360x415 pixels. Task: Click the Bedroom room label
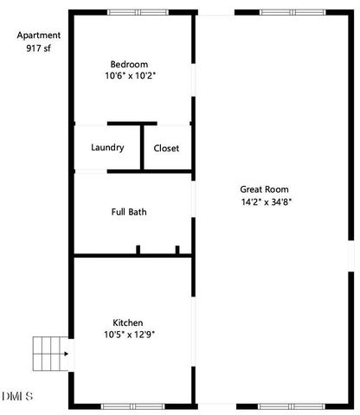point(129,64)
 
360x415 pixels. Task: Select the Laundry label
point(107,148)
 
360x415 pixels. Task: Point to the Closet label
point(166,148)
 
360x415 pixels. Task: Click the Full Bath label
point(129,212)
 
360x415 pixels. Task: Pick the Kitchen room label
point(128,322)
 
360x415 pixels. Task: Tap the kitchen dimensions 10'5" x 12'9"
point(129,335)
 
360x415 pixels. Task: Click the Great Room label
point(264,189)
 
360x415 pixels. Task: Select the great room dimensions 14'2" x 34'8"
point(267,202)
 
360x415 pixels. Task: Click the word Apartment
point(39,35)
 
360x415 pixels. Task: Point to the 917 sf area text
point(40,48)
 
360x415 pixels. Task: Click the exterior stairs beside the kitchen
point(50,352)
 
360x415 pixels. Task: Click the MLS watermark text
point(17,397)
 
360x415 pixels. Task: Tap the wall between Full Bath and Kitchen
point(130,255)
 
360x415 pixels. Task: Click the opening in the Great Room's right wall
point(351,256)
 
